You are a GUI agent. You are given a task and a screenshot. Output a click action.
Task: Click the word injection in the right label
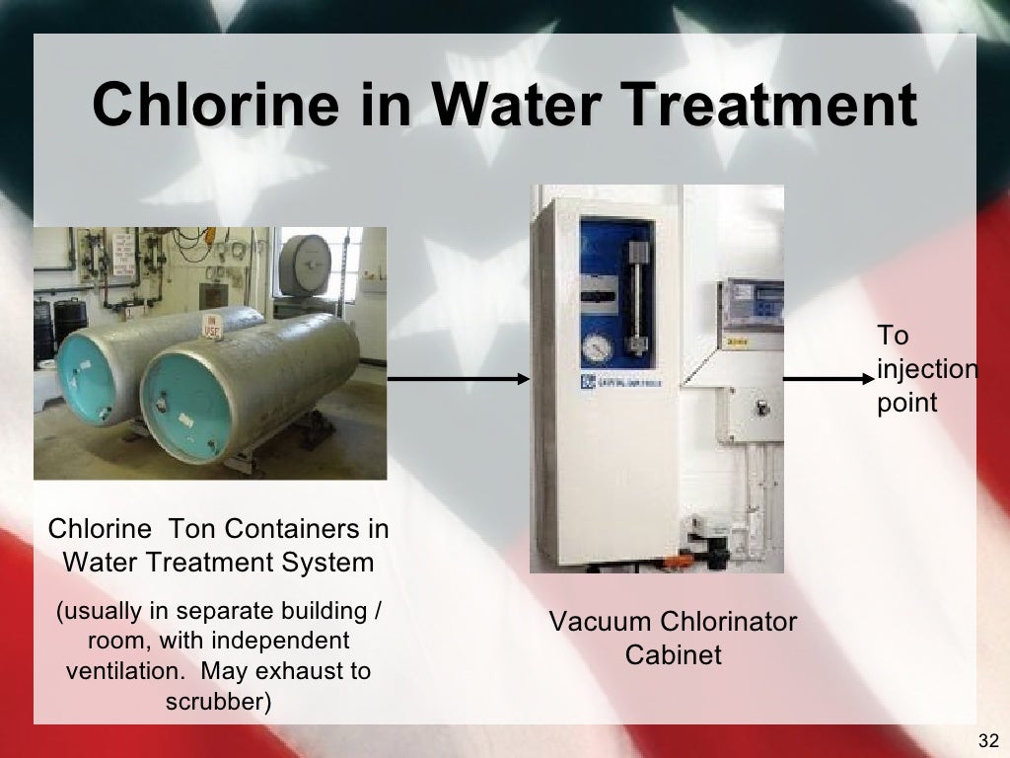coord(927,369)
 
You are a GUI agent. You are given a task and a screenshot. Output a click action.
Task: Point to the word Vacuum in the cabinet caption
coord(598,622)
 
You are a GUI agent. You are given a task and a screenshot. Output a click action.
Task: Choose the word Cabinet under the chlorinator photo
coord(674,654)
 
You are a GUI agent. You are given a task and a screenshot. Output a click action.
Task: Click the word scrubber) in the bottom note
coord(219,702)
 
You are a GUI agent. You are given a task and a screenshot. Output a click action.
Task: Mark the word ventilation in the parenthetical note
coord(123,671)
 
